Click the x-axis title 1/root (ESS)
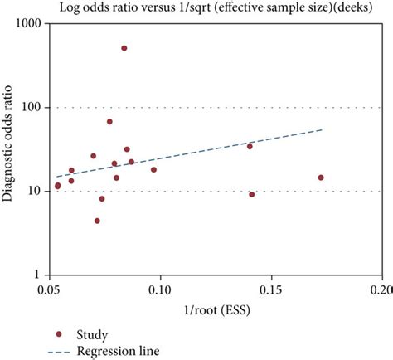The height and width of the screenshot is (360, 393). tap(213, 312)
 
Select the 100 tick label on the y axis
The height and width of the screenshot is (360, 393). tap(31, 107)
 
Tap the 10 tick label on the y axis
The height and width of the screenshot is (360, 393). tap(33, 191)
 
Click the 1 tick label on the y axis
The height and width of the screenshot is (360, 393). tap(36, 275)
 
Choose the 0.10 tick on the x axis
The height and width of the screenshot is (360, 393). tap(159, 290)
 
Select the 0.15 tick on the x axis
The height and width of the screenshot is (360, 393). tap(270, 290)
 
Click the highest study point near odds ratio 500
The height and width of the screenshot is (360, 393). tap(124, 48)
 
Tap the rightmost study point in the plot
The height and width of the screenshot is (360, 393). tap(321, 178)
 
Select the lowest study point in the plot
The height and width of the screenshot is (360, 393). tap(97, 221)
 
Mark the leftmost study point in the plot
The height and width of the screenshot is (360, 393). tap(57, 186)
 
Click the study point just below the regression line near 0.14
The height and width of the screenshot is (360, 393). tap(251, 194)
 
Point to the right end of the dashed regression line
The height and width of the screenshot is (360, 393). tap(322, 129)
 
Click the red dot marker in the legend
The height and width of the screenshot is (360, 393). tap(58, 334)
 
